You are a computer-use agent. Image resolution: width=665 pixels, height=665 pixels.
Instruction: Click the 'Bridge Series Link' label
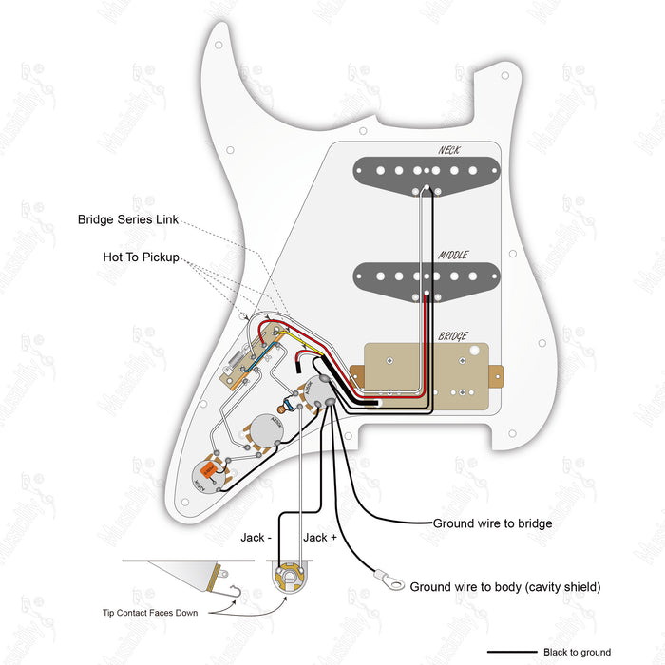128,219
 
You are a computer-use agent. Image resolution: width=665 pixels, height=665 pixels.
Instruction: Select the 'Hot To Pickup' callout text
141,257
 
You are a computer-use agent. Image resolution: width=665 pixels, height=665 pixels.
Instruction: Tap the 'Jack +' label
316,538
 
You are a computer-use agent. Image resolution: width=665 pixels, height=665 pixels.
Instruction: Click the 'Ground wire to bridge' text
492,523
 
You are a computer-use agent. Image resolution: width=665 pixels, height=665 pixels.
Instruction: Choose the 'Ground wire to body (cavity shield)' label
504,587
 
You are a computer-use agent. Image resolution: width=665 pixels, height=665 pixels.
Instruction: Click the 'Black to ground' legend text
577,653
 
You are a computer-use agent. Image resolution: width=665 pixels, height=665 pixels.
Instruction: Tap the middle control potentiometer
267,433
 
